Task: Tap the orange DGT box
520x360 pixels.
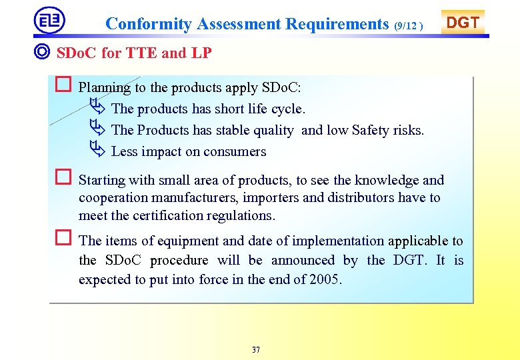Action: tap(462, 23)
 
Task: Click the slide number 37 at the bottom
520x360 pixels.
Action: tap(256, 350)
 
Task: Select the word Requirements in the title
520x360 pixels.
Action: tap(337, 24)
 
